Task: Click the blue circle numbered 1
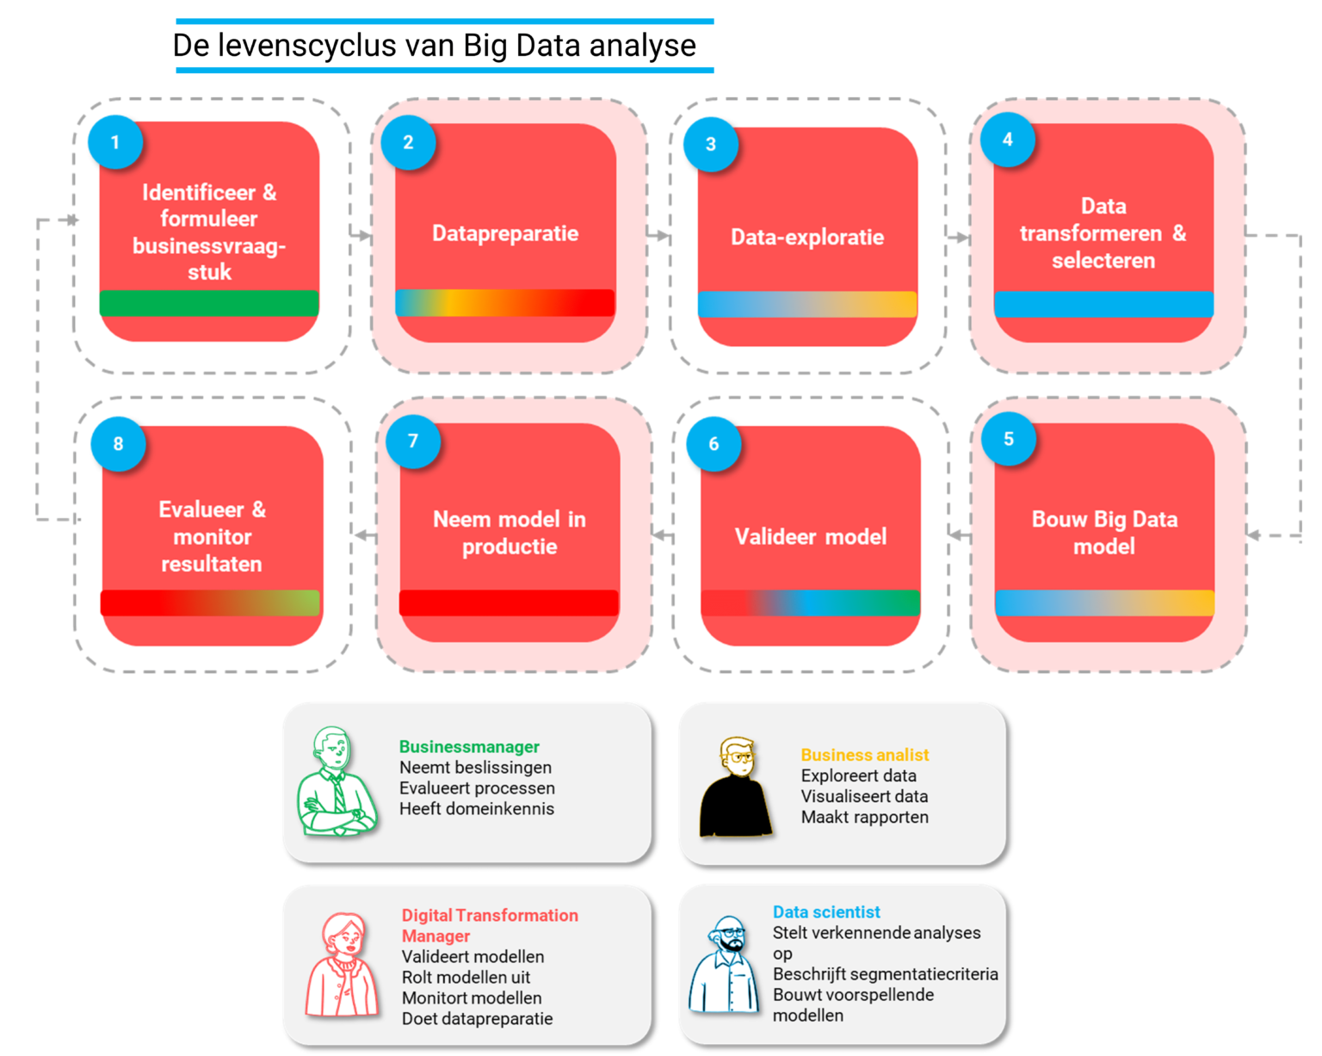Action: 115,142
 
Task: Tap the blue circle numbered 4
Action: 1007,139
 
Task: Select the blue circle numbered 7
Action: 413,442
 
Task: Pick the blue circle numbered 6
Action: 714,444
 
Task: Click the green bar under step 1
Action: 209,303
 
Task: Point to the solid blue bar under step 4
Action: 1103,304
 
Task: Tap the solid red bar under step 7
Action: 509,602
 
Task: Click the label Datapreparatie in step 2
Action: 505,233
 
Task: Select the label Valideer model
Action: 810,537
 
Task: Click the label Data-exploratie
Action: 807,238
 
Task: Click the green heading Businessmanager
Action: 469,747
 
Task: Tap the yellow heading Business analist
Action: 864,755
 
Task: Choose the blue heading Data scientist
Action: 826,912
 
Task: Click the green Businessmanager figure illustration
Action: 336,783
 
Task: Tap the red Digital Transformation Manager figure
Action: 342,966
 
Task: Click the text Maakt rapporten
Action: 864,818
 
